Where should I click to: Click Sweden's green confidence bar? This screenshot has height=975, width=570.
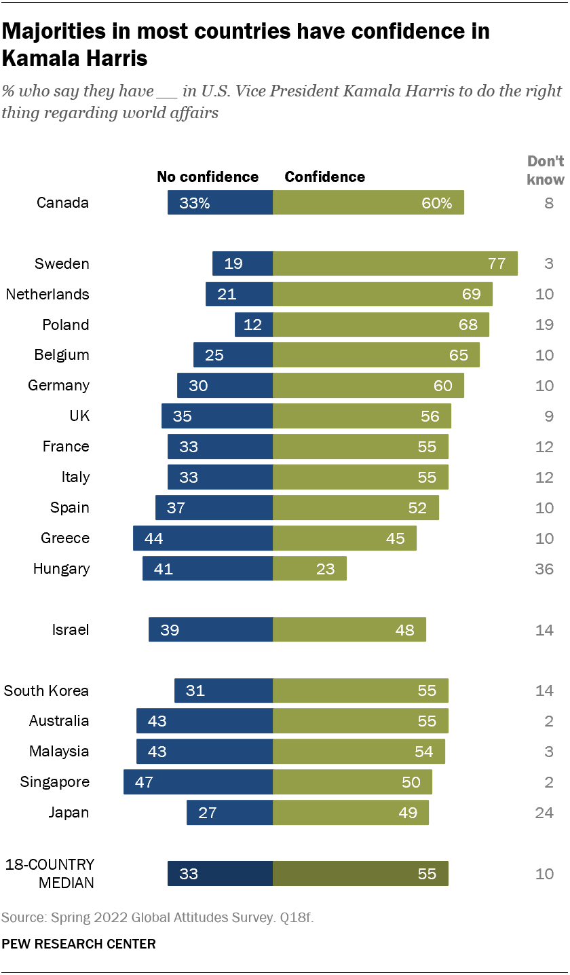395,263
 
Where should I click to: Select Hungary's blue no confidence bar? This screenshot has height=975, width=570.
208,568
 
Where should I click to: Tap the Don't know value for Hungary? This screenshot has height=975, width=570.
544,569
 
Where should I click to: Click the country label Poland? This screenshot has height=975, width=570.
66,325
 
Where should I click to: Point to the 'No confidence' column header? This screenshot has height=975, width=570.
208,177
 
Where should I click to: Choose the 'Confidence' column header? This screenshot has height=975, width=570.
324,177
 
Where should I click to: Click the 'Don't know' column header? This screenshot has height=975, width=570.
546,170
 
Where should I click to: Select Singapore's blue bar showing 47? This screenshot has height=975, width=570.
198,782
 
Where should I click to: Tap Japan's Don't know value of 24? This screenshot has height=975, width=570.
544,813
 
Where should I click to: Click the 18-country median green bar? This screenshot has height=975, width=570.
360,874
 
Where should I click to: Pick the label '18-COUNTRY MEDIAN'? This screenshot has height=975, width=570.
50,874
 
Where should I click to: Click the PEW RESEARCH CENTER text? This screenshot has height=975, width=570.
79,944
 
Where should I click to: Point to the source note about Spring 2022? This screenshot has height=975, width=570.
157,918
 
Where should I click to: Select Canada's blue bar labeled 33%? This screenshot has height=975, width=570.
221,202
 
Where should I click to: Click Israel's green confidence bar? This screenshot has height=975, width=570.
349,629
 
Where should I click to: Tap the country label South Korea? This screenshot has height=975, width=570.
46,691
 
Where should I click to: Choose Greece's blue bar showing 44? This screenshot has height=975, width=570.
203,538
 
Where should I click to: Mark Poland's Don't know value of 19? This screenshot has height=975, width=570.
544,325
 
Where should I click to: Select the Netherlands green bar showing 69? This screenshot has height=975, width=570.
383,294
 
